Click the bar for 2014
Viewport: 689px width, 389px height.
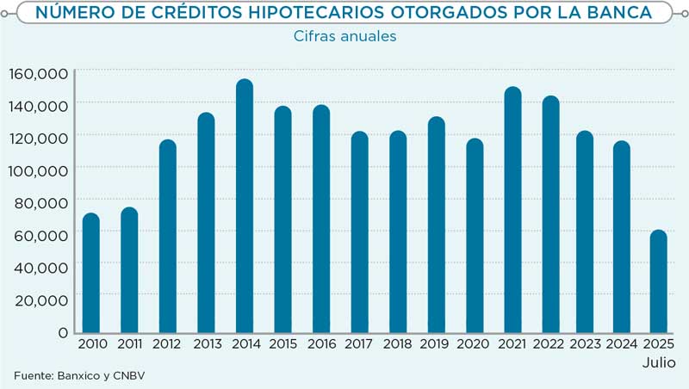[x=245, y=207]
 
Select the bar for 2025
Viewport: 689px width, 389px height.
[x=658, y=281]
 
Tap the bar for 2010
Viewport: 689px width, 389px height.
[x=90, y=273]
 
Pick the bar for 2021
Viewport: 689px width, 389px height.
[x=513, y=210]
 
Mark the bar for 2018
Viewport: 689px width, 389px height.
[x=398, y=232]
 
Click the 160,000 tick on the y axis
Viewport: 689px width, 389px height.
[x=39, y=74]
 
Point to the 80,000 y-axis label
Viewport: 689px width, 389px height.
[x=39, y=203]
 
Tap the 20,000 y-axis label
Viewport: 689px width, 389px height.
[x=39, y=299]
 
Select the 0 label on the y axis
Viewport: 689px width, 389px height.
[x=63, y=332]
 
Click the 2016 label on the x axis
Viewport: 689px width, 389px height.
[x=321, y=345]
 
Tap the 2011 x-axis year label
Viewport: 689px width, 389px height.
[x=129, y=345]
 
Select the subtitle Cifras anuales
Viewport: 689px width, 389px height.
[x=344, y=36]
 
